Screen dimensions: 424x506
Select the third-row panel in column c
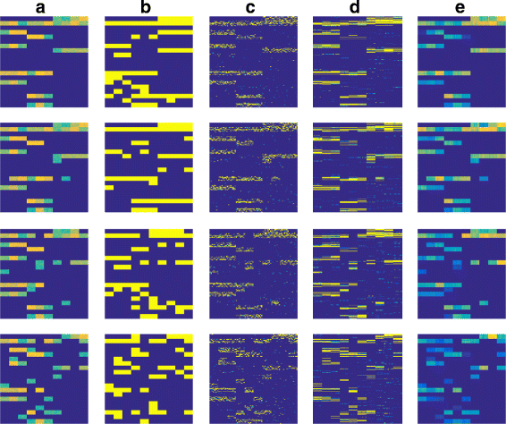[253, 273]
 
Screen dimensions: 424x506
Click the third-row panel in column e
[461, 273]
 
